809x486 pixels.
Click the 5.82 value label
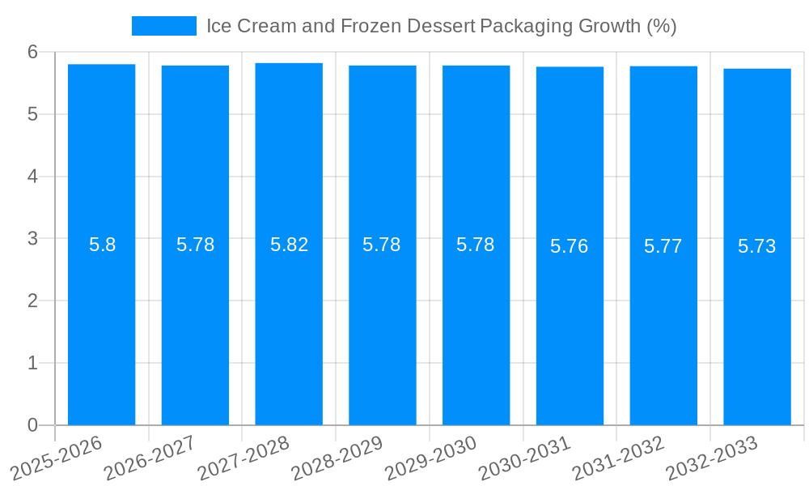tap(289, 245)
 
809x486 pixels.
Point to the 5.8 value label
tap(102, 245)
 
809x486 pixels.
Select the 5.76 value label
tap(570, 246)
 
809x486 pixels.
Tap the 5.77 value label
tap(663, 246)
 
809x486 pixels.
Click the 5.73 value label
tap(757, 246)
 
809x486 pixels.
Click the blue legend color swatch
tap(164, 26)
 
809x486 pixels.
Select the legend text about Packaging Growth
tap(441, 26)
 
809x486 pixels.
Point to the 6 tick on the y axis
tap(33, 52)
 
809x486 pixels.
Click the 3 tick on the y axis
tap(33, 238)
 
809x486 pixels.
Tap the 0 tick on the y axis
tap(33, 425)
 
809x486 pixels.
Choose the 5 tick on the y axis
tap(33, 114)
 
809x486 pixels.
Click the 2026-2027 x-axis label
tap(150, 458)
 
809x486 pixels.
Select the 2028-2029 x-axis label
tap(337, 458)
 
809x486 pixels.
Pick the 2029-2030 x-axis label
tap(430, 458)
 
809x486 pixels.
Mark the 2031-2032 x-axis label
tap(618, 458)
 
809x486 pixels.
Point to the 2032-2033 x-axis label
tap(712, 458)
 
